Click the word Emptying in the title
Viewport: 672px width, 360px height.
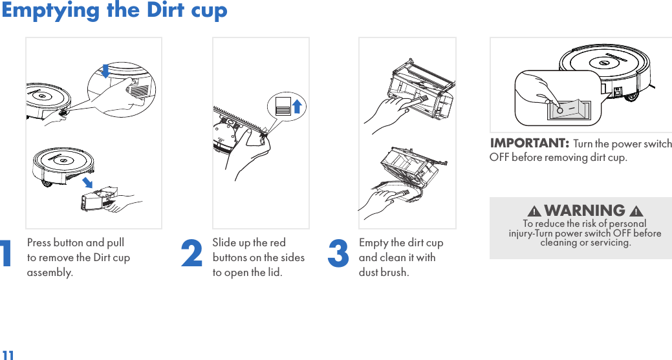point(50,11)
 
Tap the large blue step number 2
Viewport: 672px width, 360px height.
point(191,253)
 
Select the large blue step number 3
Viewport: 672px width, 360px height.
point(338,253)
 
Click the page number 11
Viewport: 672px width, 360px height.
point(8,355)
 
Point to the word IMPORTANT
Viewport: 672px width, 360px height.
point(529,143)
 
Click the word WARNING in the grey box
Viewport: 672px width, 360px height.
point(585,210)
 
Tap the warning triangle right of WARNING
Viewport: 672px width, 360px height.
point(636,211)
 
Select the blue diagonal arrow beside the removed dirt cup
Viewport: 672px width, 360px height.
point(87,182)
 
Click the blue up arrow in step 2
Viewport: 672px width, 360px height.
point(297,106)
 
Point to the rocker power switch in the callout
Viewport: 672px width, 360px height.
point(569,110)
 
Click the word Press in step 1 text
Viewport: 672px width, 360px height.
point(39,243)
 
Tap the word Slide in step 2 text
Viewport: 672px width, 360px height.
point(224,243)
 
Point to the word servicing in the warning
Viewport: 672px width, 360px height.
point(611,243)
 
